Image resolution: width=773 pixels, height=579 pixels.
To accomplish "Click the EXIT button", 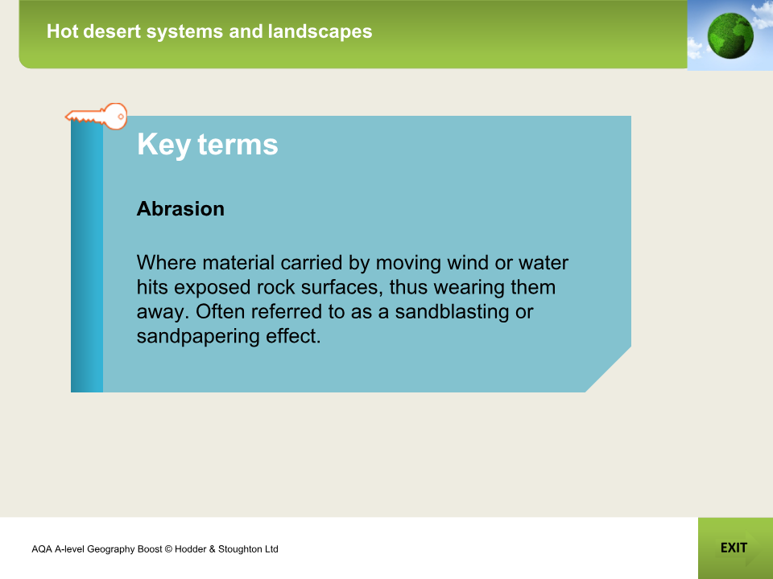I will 734,548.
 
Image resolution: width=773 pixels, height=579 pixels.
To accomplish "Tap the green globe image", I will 730,35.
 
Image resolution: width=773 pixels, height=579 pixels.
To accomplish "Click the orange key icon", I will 97,117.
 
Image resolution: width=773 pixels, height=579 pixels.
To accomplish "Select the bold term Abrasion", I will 180,209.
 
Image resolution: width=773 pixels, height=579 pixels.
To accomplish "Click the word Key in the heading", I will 163,145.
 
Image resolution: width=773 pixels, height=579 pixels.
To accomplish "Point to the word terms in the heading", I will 238,145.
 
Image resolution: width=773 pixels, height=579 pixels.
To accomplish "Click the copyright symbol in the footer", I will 168,549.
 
